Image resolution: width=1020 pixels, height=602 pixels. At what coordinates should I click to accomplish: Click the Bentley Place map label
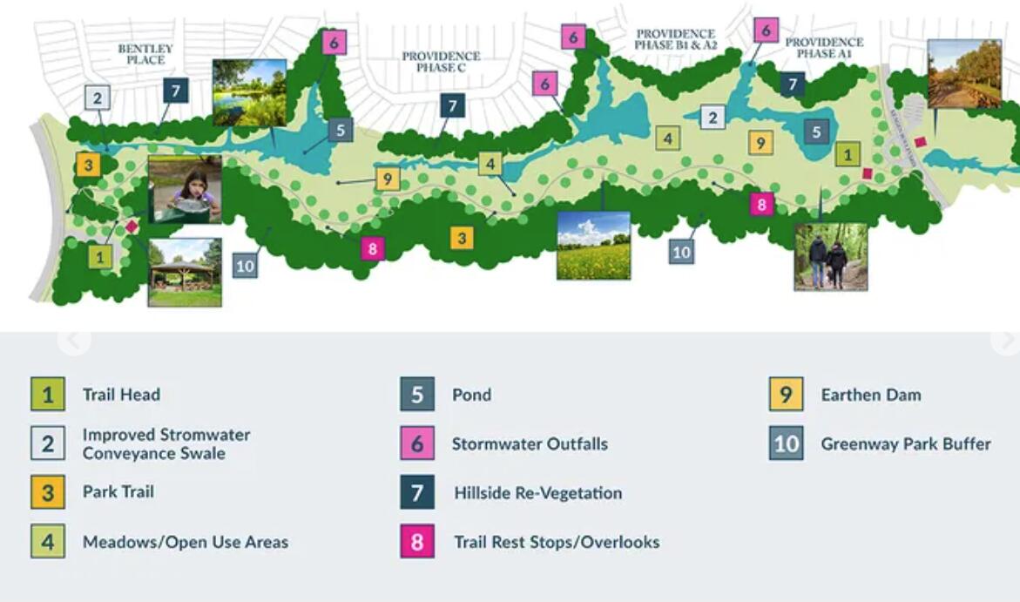tap(145, 54)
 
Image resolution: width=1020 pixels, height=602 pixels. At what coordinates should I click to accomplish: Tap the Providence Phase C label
tap(441, 62)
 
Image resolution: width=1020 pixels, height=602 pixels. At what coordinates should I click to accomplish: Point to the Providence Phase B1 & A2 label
tap(675, 39)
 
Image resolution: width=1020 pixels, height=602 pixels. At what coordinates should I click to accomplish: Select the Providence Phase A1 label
tap(824, 48)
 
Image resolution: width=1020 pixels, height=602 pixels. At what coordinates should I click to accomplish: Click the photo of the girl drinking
tap(185, 189)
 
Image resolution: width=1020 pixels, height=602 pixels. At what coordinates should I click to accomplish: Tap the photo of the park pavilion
tap(185, 273)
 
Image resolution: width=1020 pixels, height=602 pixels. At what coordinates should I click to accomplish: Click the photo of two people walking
tap(830, 256)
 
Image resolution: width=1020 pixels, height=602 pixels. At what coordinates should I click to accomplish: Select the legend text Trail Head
tap(121, 395)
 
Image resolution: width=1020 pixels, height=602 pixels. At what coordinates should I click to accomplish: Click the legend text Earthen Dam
tap(870, 395)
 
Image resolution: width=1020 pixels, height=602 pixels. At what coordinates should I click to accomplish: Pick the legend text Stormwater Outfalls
tap(530, 444)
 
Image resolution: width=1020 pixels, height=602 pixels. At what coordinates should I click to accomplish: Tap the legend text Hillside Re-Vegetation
tap(537, 493)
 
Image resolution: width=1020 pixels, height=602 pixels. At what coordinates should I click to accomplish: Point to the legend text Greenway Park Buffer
tap(905, 444)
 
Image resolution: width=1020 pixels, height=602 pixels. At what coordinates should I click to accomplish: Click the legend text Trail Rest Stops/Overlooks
tap(556, 542)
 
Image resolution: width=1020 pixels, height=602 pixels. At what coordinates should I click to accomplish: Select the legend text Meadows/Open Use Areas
tap(185, 542)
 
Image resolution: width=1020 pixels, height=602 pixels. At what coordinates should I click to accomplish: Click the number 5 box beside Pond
tap(417, 395)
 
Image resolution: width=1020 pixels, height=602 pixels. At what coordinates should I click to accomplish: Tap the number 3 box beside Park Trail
tap(48, 493)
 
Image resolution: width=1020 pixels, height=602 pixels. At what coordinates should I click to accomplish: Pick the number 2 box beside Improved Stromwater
tap(48, 444)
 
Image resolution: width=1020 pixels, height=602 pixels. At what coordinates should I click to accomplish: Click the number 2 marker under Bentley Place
tap(98, 98)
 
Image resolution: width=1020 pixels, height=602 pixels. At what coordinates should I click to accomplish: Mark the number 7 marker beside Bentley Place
tap(175, 90)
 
